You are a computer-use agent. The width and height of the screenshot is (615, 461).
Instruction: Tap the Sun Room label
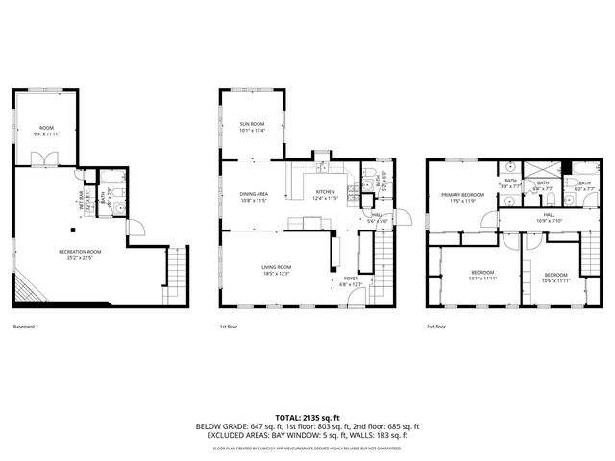tap(252, 127)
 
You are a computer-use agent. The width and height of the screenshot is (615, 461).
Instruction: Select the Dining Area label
tap(254, 196)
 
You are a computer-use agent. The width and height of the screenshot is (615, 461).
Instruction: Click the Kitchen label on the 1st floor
tap(326, 195)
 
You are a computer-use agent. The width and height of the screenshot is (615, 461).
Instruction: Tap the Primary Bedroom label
tap(459, 198)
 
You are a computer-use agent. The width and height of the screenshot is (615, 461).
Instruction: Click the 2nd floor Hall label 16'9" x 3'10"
tap(549, 218)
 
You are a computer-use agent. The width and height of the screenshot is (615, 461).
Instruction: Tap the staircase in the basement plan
tap(176, 275)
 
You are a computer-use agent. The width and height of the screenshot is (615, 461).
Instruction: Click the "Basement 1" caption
tap(26, 327)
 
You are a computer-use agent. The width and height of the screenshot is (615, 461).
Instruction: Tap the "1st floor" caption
tap(229, 327)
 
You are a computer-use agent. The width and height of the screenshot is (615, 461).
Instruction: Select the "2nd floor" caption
tap(436, 327)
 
